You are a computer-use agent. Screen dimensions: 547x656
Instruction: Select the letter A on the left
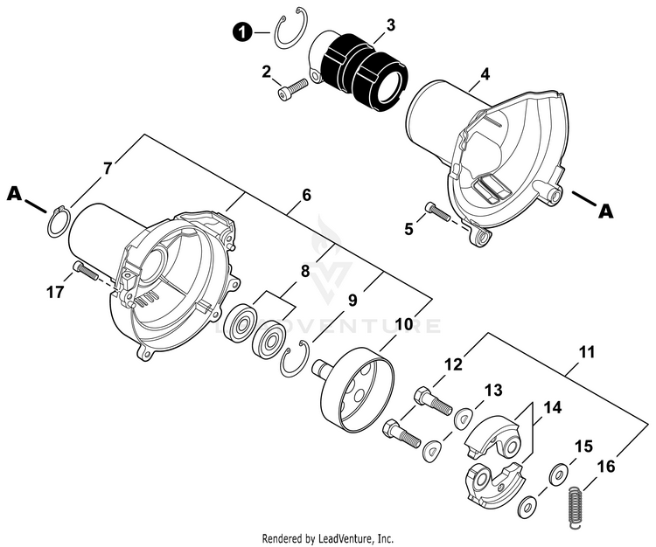pyautogui.click(x=14, y=193)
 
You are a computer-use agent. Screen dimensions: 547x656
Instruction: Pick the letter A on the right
pyautogui.click(x=604, y=210)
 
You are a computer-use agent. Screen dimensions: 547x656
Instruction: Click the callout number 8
pyautogui.click(x=305, y=271)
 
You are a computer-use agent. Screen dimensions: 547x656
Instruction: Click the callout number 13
pyautogui.click(x=493, y=390)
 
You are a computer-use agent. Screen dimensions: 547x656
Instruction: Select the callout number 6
pyautogui.click(x=306, y=197)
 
